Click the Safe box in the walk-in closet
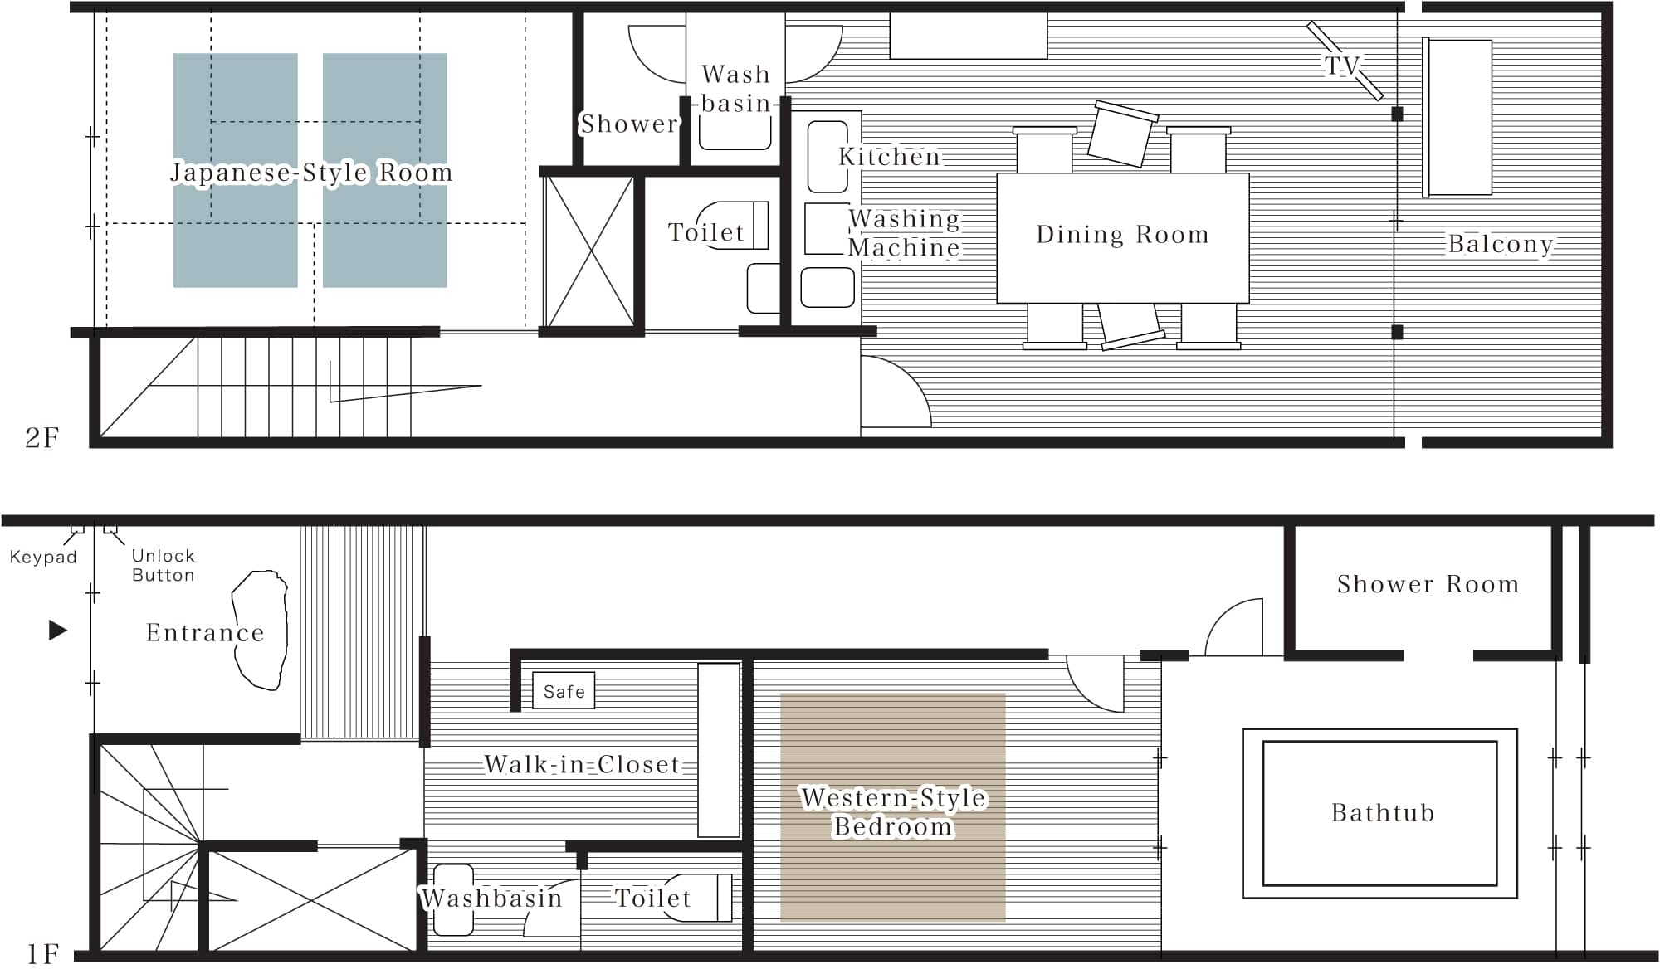[564, 690]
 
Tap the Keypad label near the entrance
[43, 558]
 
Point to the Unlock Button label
[164, 565]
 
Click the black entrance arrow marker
[57, 631]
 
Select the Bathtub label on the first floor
[1383, 812]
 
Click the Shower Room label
[1428, 584]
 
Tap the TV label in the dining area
[1343, 65]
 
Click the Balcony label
[1501, 244]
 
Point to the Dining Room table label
[1122, 235]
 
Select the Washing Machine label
[904, 233]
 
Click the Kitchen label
[889, 156]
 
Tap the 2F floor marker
[42, 437]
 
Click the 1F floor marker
[43, 954]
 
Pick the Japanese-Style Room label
[311, 173]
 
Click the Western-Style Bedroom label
[894, 812]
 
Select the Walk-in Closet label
[582, 764]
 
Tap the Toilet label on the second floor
[706, 232]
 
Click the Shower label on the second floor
[628, 124]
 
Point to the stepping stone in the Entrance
[261, 630]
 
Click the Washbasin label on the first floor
[491, 899]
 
